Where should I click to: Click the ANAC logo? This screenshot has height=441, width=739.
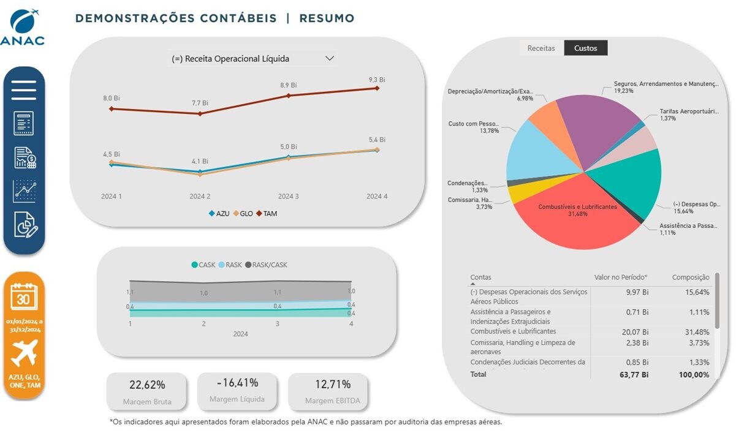click(23, 27)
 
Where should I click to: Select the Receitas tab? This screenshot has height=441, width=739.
click(541, 48)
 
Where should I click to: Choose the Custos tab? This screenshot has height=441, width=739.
click(585, 48)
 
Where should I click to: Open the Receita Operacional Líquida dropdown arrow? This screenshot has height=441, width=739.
click(330, 58)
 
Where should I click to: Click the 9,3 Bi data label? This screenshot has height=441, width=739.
click(377, 80)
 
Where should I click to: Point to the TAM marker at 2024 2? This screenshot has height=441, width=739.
click(200, 113)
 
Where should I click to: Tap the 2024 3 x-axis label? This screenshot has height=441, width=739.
click(288, 197)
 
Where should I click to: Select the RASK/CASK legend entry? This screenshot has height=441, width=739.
click(267, 265)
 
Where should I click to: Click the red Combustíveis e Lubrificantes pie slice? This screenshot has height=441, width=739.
click(576, 221)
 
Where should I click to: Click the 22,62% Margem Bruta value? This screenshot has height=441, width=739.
click(147, 385)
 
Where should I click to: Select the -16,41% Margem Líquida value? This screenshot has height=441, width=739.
click(237, 383)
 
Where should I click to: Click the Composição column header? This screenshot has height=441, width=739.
click(691, 277)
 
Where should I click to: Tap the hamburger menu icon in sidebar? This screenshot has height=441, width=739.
click(24, 90)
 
